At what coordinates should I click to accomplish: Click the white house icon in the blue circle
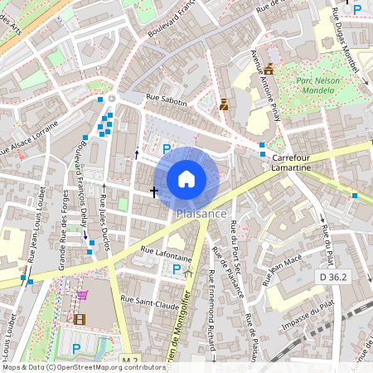pyautogui.click(x=186, y=178)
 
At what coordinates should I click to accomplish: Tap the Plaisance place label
pyautogui.click(x=201, y=214)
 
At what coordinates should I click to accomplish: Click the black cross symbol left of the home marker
pyautogui.click(x=153, y=191)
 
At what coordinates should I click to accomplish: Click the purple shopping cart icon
pyautogui.click(x=82, y=294)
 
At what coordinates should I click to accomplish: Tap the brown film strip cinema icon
pyautogui.click(x=79, y=318)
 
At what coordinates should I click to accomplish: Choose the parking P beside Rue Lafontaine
pyautogui.click(x=176, y=269)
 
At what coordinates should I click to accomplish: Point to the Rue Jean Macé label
pyautogui.click(x=282, y=270)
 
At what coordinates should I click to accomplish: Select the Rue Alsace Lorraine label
pyautogui.click(x=29, y=140)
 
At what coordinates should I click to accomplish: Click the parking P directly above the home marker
pyautogui.click(x=167, y=148)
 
